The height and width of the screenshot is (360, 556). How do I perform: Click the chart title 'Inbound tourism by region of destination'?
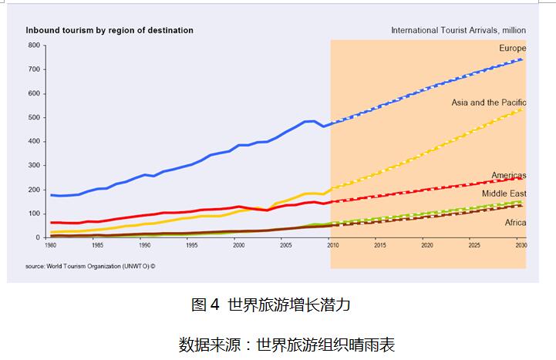110,31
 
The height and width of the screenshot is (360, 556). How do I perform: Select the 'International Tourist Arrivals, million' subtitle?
458,31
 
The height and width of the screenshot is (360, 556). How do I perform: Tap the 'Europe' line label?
512,49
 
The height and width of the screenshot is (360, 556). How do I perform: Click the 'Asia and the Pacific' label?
488,103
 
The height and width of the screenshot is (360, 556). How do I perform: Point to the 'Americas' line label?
508,176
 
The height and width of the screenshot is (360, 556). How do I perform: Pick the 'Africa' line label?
514,222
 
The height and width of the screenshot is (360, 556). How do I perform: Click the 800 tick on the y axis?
34,45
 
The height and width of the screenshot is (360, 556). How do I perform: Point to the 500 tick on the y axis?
34,118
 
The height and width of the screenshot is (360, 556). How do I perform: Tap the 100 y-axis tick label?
34,214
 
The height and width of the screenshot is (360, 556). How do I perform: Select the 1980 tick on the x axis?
50,244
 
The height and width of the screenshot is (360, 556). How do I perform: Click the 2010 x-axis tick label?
332,244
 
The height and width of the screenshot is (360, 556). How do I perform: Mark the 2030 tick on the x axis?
521,244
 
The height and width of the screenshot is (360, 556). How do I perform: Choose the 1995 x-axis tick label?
191,244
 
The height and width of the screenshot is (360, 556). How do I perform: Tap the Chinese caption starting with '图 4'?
271,304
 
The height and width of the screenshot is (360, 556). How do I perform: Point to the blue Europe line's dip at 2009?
323,126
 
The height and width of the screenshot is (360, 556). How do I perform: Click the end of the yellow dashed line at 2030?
521,109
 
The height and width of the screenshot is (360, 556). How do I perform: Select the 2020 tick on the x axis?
426,244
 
